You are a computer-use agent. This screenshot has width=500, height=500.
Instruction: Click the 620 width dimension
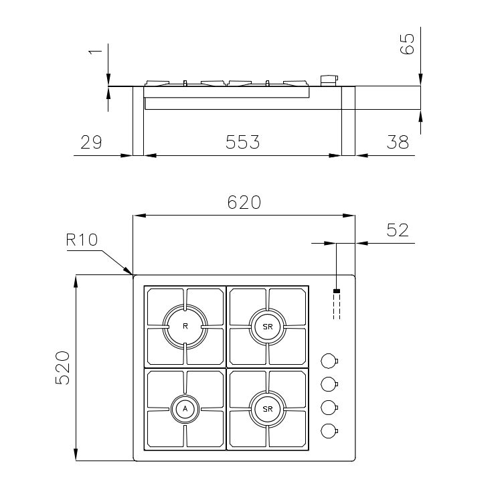(x=244, y=203)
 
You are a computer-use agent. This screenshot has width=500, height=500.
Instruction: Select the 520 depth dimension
(x=62, y=367)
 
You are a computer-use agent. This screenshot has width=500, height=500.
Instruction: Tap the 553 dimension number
(x=243, y=142)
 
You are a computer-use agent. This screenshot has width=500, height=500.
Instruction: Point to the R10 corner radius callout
(x=82, y=240)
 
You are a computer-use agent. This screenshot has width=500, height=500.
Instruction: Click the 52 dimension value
(x=398, y=230)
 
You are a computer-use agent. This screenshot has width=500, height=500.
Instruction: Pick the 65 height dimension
(x=407, y=44)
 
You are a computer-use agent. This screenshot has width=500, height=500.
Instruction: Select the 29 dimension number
(x=91, y=142)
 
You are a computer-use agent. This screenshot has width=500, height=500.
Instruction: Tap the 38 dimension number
(x=398, y=142)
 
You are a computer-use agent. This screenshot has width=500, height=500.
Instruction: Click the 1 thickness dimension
(x=95, y=52)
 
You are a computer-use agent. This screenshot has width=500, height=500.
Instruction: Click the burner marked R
(x=185, y=327)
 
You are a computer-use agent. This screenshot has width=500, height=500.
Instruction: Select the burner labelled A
(x=185, y=409)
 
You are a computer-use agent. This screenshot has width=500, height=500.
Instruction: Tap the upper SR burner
(x=268, y=327)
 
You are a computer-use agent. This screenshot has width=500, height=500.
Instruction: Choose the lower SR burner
(x=268, y=409)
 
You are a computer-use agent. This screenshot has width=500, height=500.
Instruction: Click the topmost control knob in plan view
(x=329, y=361)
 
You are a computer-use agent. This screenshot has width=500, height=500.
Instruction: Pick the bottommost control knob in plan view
(x=329, y=431)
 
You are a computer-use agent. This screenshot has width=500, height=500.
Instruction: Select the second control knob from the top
(x=329, y=384)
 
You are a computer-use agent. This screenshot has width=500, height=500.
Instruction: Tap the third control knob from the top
(x=329, y=408)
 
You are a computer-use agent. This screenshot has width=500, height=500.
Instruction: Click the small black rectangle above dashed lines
(x=337, y=290)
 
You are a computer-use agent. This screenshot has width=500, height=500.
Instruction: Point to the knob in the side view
(x=329, y=81)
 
